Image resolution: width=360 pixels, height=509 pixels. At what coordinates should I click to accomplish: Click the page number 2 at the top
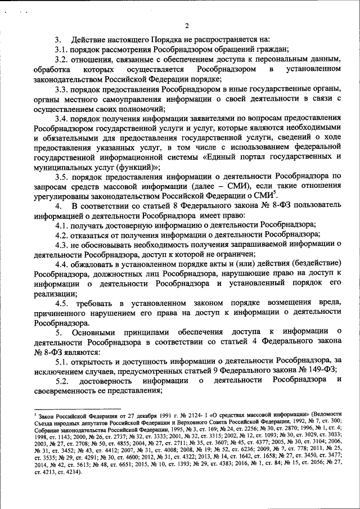[186, 25]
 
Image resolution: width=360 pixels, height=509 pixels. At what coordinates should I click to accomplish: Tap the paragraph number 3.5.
[62, 177]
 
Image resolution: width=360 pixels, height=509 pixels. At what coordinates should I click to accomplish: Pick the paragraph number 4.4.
[62, 264]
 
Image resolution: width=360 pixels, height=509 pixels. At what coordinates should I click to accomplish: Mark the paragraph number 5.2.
[62, 381]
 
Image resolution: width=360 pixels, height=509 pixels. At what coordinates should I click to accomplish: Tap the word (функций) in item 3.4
[132, 167]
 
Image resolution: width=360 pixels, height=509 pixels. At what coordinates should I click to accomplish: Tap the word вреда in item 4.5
[330, 303]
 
